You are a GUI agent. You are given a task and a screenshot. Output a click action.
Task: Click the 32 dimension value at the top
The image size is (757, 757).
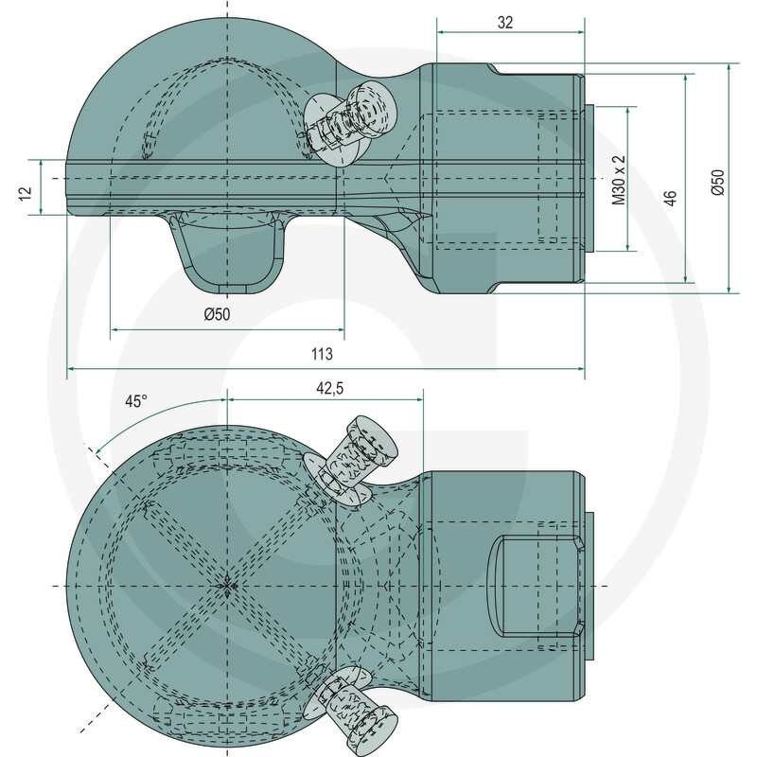pyautogui.click(x=505, y=22)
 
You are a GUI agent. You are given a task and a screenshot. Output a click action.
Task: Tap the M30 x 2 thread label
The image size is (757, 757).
pyautogui.click(x=619, y=180)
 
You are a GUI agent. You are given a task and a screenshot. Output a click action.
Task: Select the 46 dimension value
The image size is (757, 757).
pyautogui.click(x=671, y=198)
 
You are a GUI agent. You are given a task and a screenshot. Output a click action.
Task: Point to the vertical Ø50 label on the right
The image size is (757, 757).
pyautogui.click(x=718, y=182)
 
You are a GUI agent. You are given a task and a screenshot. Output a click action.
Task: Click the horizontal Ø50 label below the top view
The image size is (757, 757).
pyautogui.click(x=218, y=314)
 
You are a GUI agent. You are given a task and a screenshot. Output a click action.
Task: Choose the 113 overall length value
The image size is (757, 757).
pyautogui.click(x=322, y=354)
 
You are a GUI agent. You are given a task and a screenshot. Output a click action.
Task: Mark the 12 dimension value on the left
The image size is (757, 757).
pyautogui.click(x=26, y=193)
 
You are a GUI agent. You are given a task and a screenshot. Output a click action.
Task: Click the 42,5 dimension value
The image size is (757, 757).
pyautogui.click(x=329, y=388)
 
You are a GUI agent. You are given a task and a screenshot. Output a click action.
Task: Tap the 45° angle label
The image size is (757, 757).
pyautogui.click(x=135, y=401)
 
